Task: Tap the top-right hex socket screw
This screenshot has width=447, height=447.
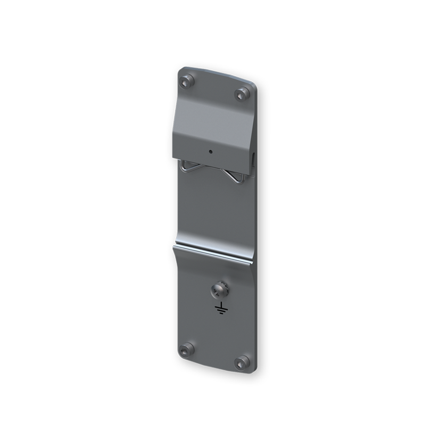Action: [x=243, y=94]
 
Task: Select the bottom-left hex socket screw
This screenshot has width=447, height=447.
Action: [x=186, y=350]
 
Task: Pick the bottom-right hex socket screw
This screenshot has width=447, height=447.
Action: [x=242, y=362]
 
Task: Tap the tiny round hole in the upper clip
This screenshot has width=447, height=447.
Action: [x=211, y=151]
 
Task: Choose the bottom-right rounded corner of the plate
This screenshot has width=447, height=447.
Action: [x=254, y=372]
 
